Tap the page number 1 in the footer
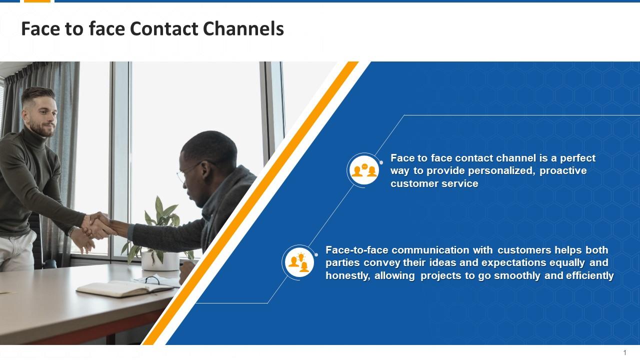tap(624, 352)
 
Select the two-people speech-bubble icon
tap(364, 170)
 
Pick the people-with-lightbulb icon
tap(299, 262)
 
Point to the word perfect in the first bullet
tap(577, 158)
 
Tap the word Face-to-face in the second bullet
tap(356, 250)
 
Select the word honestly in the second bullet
tap(347, 275)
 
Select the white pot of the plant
tap(159, 260)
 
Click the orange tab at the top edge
tap(37, 1)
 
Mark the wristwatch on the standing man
tap(72, 231)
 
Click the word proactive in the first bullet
tap(563, 170)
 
